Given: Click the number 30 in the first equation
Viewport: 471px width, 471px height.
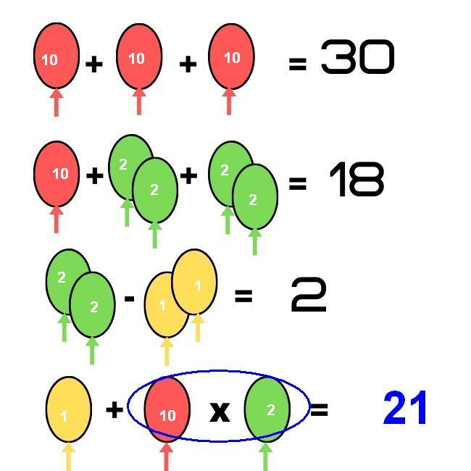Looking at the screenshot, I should pyautogui.click(x=357, y=58).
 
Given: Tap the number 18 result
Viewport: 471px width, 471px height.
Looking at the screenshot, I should pyautogui.click(x=356, y=180).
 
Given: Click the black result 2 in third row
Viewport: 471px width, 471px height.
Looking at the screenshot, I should pyautogui.click(x=309, y=295).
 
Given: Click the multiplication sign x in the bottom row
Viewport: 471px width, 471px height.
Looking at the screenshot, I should pyautogui.click(x=220, y=412).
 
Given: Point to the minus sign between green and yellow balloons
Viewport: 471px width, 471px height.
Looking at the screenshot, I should pyautogui.click(x=130, y=297).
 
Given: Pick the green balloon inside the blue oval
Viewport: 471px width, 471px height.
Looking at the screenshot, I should pyautogui.click(x=267, y=409).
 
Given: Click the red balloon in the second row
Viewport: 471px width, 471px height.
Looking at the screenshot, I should pyautogui.click(x=57, y=174).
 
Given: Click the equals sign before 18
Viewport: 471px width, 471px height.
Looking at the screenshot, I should pyautogui.click(x=297, y=183).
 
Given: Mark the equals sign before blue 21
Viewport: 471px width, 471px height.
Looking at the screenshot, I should pyautogui.click(x=319, y=410).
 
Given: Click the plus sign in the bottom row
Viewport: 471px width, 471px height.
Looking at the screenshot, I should pyautogui.click(x=114, y=410).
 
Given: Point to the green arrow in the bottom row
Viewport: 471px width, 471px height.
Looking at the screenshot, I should pyautogui.click(x=265, y=457).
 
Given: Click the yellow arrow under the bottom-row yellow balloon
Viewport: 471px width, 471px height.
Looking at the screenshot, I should pyautogui.click(x=68, y=457).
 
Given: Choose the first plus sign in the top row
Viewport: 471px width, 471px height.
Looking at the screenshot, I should pyautogui.click(x=93, y=64).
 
